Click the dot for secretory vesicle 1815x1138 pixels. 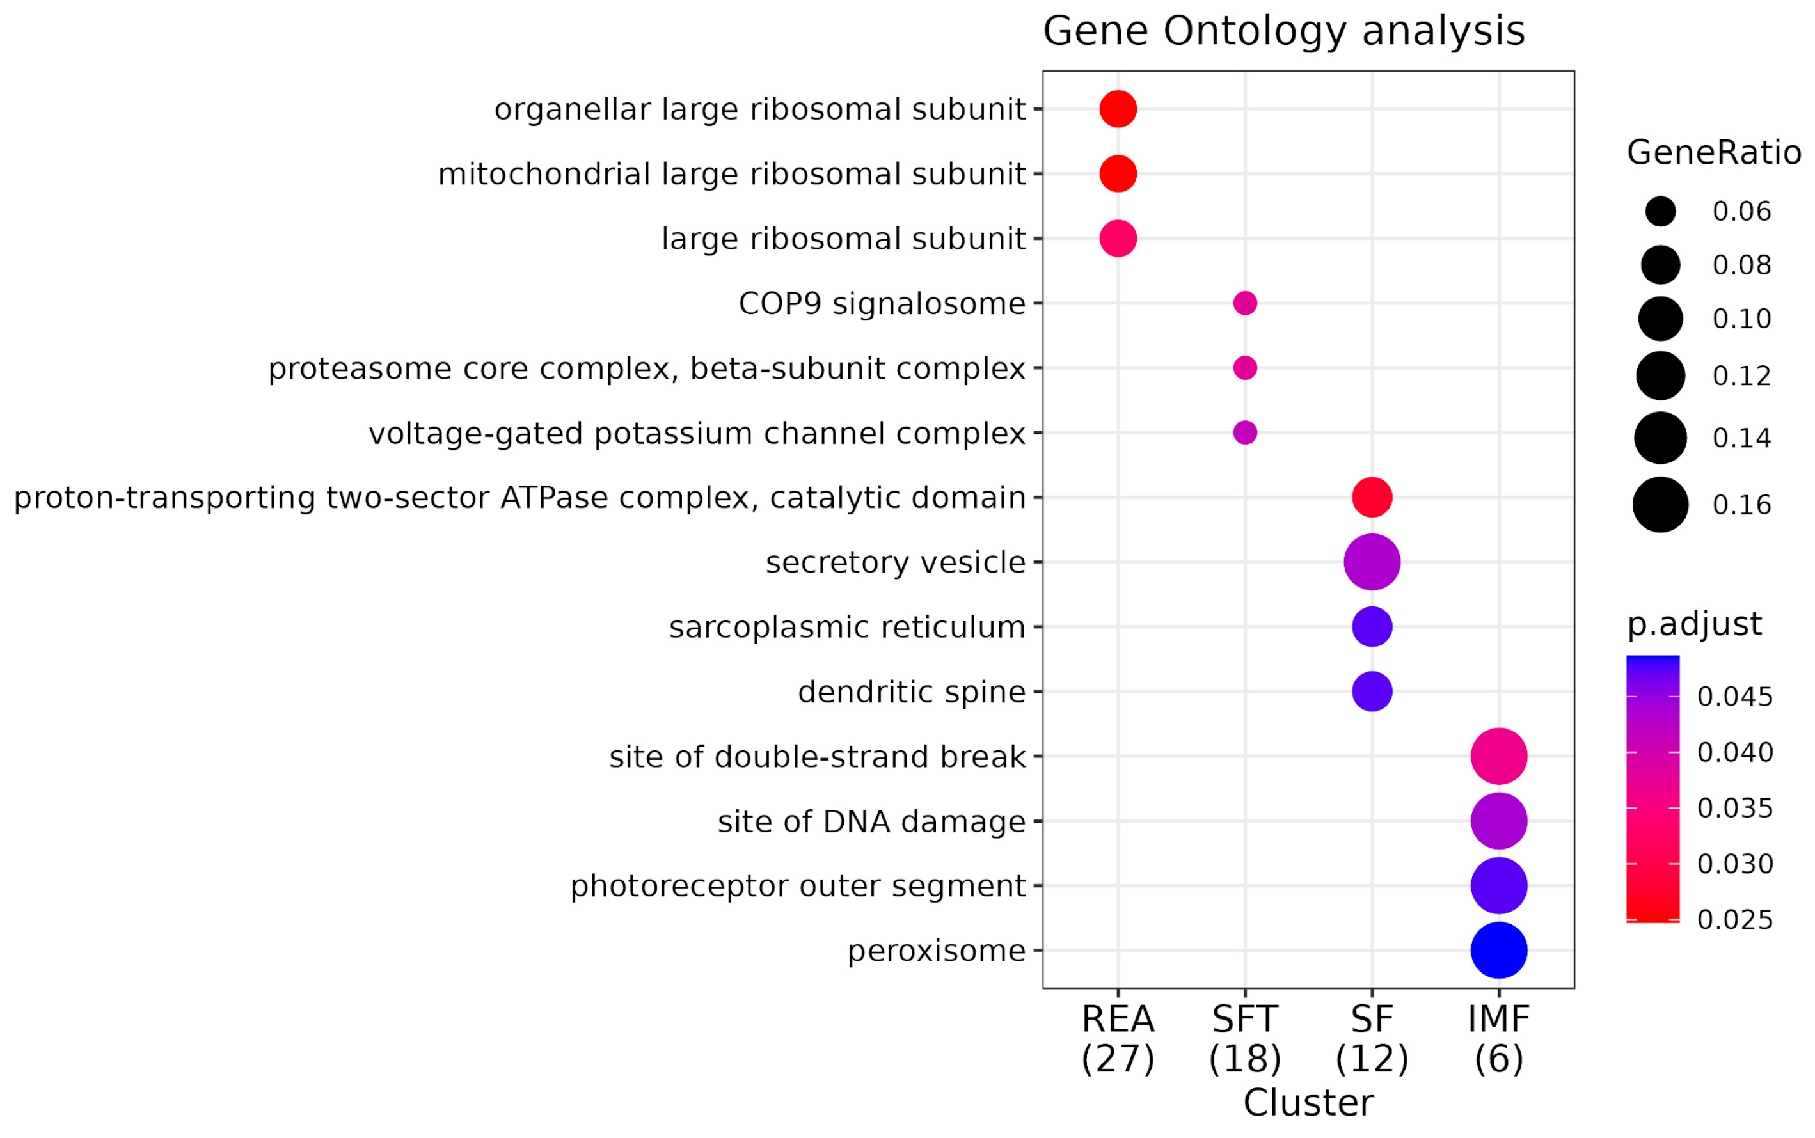click(1371, 562)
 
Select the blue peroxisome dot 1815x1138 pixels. click(1498, 950)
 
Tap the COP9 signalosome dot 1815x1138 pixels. click(1244, 303)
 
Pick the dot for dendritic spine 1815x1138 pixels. click(1371, 691)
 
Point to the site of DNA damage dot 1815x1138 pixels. click(1498, 820)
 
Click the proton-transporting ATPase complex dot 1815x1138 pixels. click(1371, 498)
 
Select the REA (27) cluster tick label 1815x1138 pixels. click(1118, 1039)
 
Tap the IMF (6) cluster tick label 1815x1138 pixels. click(1498, 1039)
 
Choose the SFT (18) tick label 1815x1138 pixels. click(1244, 1039)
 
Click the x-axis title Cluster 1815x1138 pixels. click(1308, 1103)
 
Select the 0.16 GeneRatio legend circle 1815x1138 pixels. click(1660, 504)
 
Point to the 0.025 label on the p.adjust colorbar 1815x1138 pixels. click(1734, 920)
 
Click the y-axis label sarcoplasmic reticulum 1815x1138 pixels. click(846, 627)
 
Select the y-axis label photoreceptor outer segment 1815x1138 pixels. click(798, 886)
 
